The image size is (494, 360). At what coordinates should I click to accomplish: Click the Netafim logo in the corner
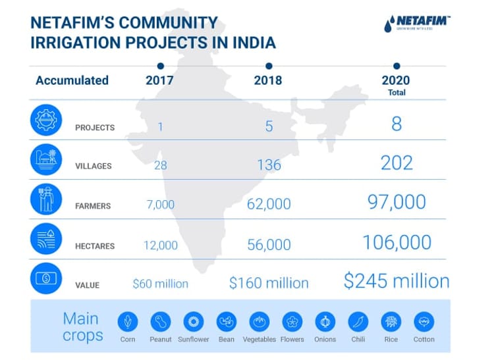click(x=416, y=24)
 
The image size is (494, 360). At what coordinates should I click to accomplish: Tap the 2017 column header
click(x=159, y=80)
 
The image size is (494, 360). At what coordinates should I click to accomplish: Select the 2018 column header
click(x=268, y=80)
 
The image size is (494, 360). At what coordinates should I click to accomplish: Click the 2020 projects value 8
click(x=396, y=124)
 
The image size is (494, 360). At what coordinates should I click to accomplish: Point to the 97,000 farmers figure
click(x=397, y=202)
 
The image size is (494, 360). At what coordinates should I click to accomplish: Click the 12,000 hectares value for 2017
click(x=161, y=245)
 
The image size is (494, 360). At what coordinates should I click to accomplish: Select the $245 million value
click(x=397, y=281)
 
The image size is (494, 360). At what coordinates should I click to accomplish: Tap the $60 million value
click(x=161, y=284)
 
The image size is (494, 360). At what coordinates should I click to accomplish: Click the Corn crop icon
click(x=128, y=322)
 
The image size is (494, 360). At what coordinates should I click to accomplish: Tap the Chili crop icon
click(x=358, y=322)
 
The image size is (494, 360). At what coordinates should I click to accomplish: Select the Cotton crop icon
click(x=424, y=322)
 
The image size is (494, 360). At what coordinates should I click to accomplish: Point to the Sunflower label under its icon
click(x=194, y=340)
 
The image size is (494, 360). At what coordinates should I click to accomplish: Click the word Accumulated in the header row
click(x=72, y=80)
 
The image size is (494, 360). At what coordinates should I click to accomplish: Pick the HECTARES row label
click(x=94, y=246)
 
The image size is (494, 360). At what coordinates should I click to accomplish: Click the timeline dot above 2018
click(x=268, y=66)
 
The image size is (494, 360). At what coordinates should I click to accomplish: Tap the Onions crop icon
click(x=325, y=322)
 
